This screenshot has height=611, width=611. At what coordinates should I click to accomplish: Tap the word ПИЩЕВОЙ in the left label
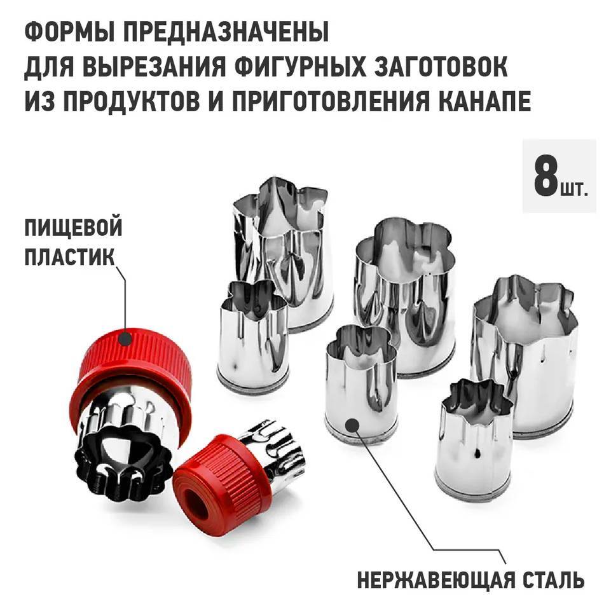[x=73, y=228]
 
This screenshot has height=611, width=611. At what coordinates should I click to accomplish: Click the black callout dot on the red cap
[x=125, y=338]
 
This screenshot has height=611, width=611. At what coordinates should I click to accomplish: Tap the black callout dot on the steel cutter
[x=352, y=425]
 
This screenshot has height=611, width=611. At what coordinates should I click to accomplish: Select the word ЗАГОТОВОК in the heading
[x=441, y=66]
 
